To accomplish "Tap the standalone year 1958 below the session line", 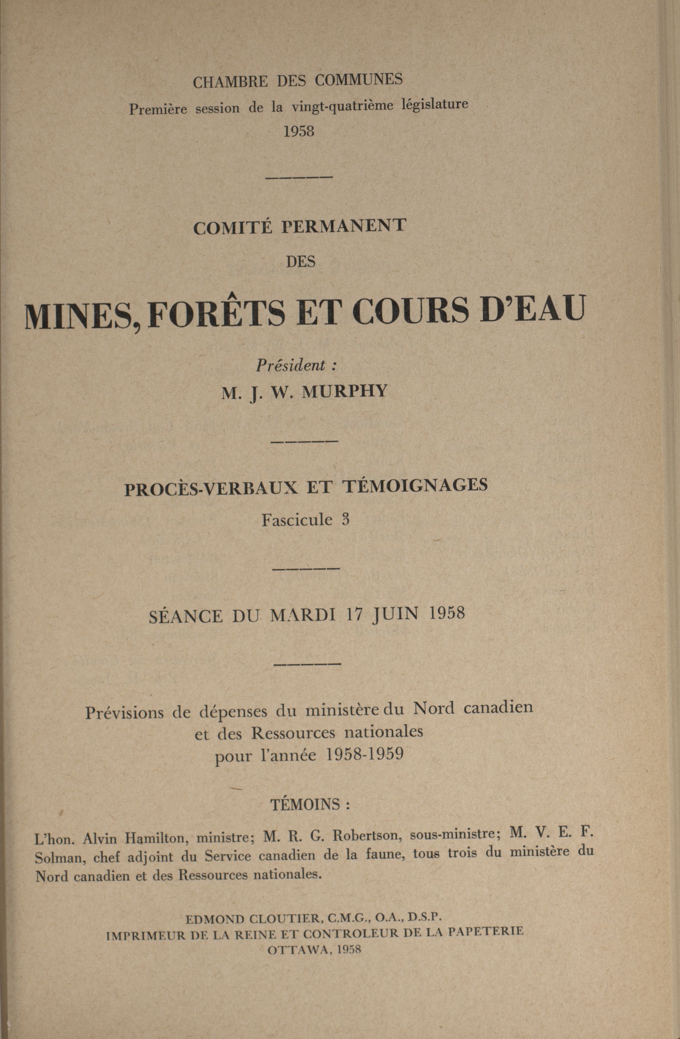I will [x=299, y=132].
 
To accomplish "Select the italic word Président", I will [x=290, y=365].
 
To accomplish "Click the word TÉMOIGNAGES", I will [x=417, y=486].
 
